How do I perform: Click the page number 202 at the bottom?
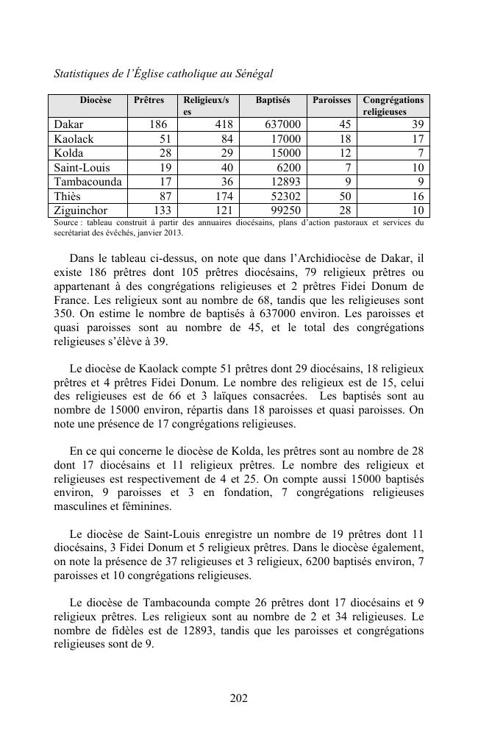tap(238, 698)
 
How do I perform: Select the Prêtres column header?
tap(149, 100)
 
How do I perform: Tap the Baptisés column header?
tap(273, 100)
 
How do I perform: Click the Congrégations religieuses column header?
tap(393, 105)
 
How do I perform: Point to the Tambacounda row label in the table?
tap(88, 182)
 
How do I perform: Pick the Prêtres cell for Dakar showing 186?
tap(157, 124)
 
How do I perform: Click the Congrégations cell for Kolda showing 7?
tap(418, 153)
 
